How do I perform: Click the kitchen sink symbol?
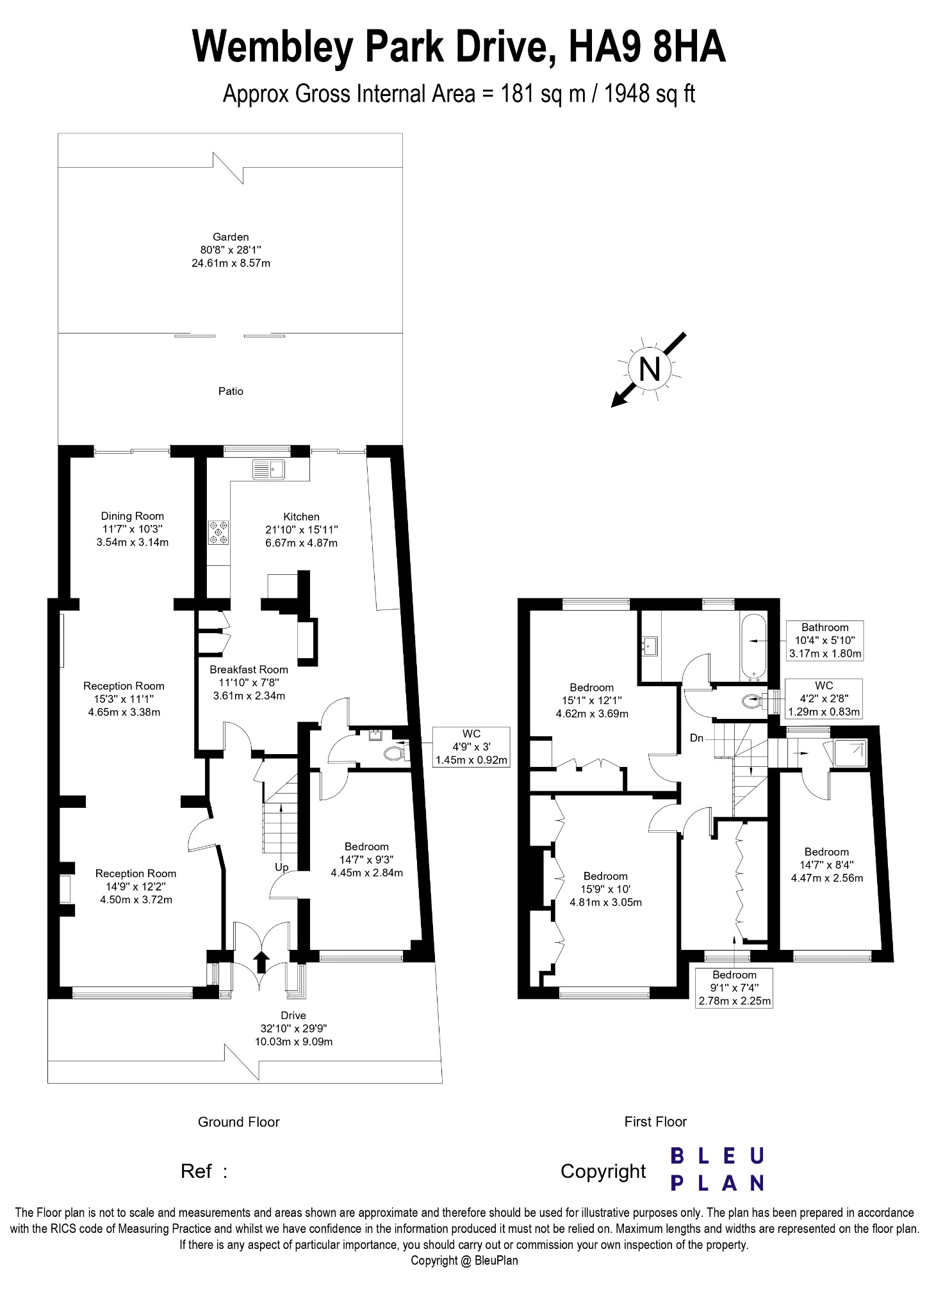tap(269, 469)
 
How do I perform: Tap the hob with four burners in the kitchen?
tap(218, 533)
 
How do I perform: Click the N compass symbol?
tap(649, 369)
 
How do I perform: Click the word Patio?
tap(231, 391)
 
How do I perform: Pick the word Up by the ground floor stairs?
tap(282, 867)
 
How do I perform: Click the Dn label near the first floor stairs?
tap(697, 738)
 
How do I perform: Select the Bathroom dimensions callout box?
tap(824, 641)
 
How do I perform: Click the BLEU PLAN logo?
tap(718, 1169)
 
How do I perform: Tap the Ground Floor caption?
tap(239, 1122)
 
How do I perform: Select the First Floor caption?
tap(655, 1122)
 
